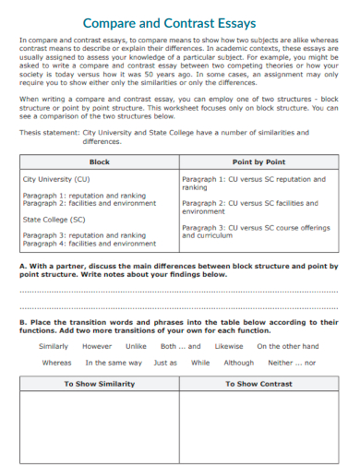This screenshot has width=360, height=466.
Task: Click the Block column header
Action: [99, 161]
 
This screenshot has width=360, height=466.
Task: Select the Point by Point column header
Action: [258, 161]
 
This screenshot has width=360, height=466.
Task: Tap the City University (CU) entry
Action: [56, 179]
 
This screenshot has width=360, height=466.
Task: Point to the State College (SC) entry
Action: [54, 221]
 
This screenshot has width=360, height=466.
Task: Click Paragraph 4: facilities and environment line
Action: [90, 244]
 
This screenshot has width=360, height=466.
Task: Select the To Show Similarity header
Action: [99, 384]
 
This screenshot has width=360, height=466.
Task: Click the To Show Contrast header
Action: [258, 384]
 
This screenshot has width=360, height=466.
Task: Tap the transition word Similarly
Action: [54, 347]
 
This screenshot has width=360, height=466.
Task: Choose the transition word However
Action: [97, 347]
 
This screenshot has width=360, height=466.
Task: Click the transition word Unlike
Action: [136, 347]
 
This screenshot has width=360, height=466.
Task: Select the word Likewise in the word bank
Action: [229, 347]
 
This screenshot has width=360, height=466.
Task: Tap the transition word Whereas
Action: [56, 363]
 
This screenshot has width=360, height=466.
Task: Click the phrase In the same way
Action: [114, 363]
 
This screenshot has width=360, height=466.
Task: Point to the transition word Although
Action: [238, 363]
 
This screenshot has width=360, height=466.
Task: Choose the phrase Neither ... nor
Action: [292, 363]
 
